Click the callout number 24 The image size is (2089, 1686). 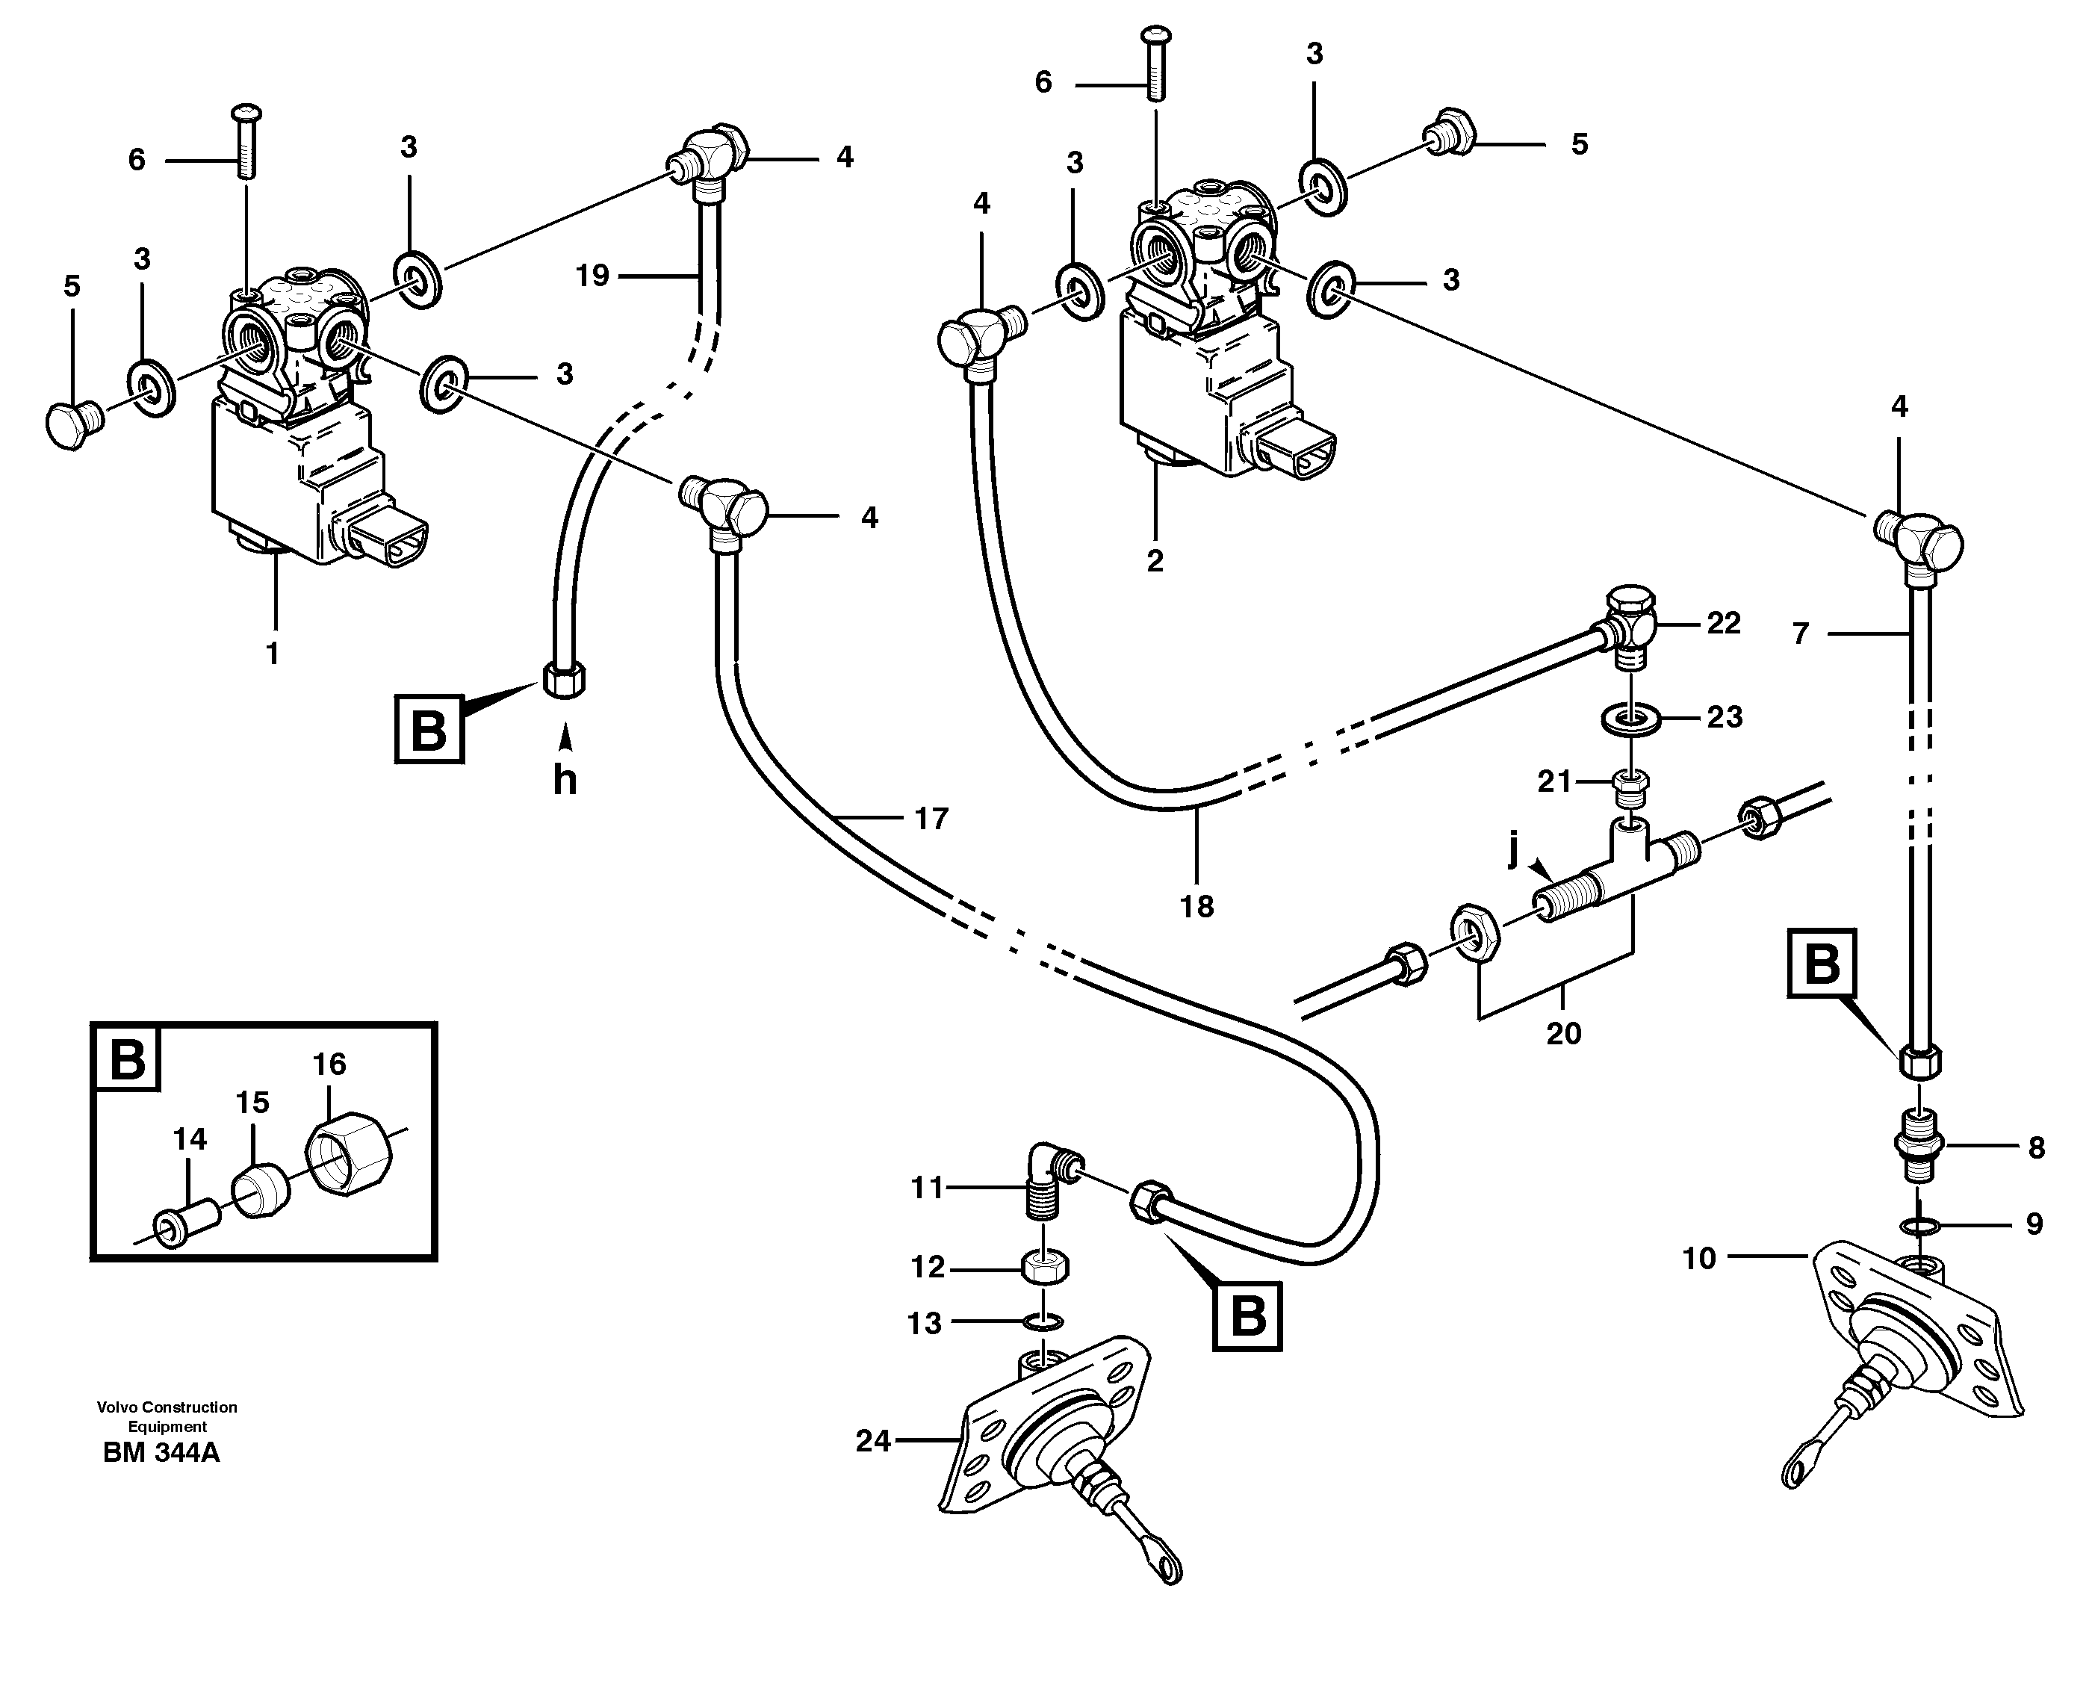coord(872,1441)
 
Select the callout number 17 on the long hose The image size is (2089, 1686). coord(931,819)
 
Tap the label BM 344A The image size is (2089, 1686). coord(161,1454)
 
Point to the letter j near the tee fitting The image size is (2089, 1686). coord(1513,851)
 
